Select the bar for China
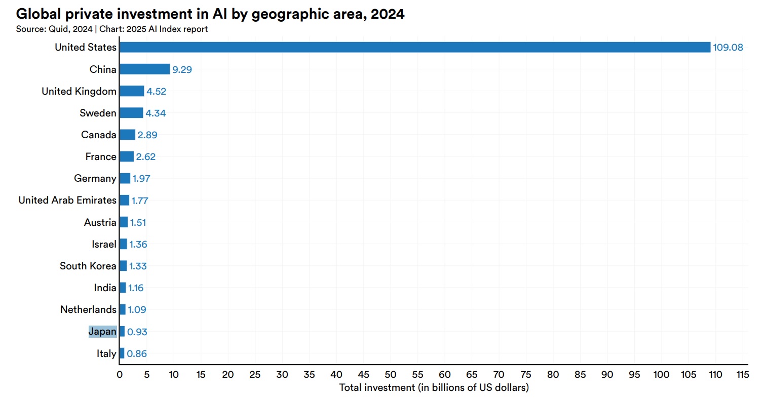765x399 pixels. tap(144, 69)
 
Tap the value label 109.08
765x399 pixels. tap(728, 48)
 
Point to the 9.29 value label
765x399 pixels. tap(182, 69)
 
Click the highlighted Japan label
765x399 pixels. tap(102, 332)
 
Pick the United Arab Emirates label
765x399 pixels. tap(67, 200)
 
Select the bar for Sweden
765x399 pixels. tap(131, 113)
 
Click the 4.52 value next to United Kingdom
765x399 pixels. tap(156, 91)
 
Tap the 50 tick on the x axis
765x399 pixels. tap(391, 375)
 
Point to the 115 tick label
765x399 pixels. tap(742, 375)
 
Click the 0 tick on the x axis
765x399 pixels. tap(120, 375)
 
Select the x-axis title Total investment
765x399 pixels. tap(434, 388)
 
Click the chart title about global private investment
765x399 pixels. tap(210, 15)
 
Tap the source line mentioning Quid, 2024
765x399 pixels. tap(112, 29)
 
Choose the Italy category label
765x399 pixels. tap(106, 353)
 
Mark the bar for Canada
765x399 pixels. tap(127, 135)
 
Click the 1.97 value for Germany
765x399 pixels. tap(141, 178)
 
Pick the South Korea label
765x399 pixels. tap(88, 266)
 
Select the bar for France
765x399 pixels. tap(127, 156)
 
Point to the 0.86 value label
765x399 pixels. tap(137, 353)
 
